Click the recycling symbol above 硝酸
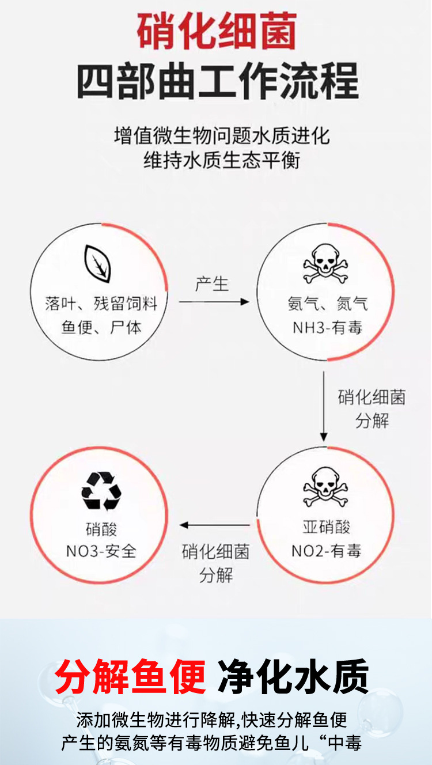[x=101, y=491]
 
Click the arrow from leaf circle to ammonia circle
[x=213, y=301]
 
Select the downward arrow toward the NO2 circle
[x=324, y=407]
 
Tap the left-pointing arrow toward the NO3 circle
[x=214, y=525]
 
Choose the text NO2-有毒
[x=326, y=551]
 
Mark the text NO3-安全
[x=101, y=551]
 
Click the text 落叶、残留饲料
[x=101, y=304]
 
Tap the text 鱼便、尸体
[x=101, y=328]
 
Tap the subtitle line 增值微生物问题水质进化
[x=222, y=136]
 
